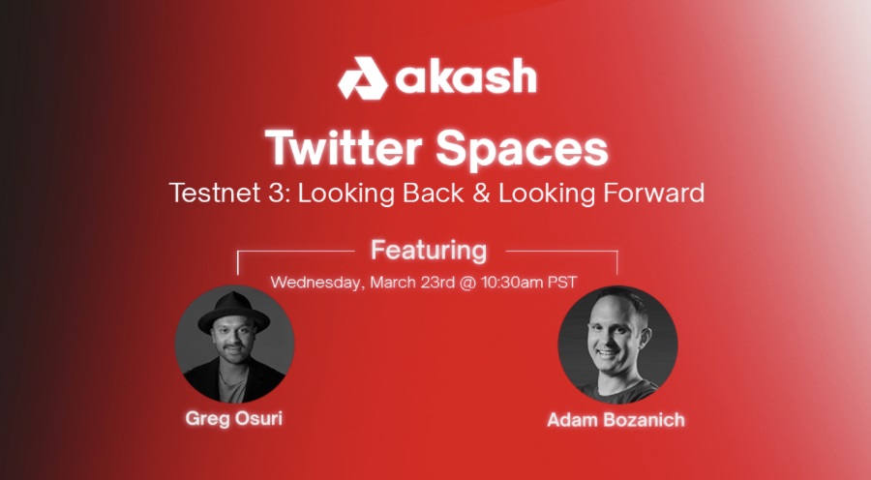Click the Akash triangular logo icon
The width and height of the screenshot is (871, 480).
[x=362, y=78]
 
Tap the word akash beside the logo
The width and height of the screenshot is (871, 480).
[x=466, y=76]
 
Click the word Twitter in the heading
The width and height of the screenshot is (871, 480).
[x=344, y=148]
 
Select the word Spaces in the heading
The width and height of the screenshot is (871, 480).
[x=522, y=150]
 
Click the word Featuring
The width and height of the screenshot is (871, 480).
[x=429, y=251]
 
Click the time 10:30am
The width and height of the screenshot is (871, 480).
[x=512, y=283]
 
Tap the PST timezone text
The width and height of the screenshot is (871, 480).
[x=562, y=283]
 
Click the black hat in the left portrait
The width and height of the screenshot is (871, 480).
[x=234, y=312]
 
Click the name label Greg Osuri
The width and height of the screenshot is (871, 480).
[x=234, y=418]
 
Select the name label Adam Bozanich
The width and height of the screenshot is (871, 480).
[x=616, y=420]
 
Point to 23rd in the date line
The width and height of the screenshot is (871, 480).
[x=438, y=283]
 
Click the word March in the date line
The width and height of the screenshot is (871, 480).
[x=393, y=283]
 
